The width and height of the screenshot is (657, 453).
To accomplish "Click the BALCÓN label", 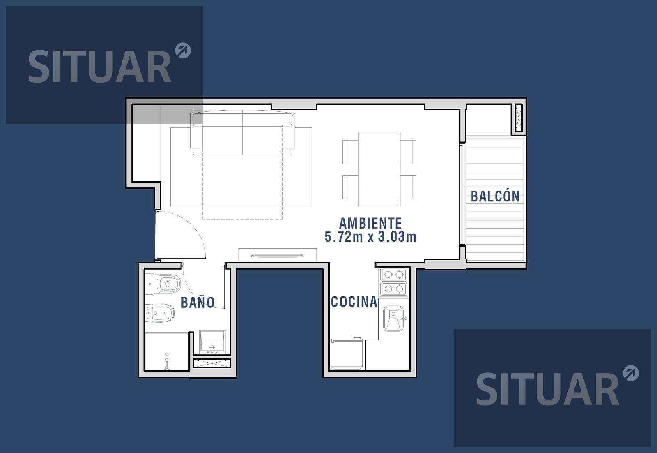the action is click(x=495, y=196).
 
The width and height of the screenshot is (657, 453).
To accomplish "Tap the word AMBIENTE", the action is click(x=370, y=224).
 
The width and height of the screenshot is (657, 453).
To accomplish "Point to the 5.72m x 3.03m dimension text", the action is click(x=370, y=237).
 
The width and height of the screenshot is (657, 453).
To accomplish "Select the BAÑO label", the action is click(x=198, y=302).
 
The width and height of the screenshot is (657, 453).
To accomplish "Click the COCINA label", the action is click(x=354, y=302).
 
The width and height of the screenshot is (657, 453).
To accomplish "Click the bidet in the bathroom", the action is click(x=160, y=313).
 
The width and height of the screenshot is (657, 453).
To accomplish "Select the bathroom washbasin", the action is click(x=212, y=342).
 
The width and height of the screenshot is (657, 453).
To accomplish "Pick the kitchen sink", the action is click(x=394, y=319).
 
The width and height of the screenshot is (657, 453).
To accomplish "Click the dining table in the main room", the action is click(x=379, y=169).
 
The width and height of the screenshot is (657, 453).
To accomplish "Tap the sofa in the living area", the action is click(x=243, y=133).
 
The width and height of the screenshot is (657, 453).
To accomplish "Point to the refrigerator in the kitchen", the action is click(x=347, y=354).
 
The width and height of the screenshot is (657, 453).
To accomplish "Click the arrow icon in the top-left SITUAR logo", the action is click(x=183, y=51).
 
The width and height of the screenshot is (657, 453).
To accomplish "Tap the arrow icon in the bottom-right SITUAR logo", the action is click(x=631, y=373).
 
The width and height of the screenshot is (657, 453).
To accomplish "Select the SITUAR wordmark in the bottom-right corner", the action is click(x=547, y=389).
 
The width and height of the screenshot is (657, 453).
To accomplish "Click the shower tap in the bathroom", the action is click(x=167, y=361).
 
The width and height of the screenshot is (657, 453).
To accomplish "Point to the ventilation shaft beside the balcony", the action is click(x=519, y=118).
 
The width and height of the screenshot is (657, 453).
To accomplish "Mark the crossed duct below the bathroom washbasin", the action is click(x=212, y=363).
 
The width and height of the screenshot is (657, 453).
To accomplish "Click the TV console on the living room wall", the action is click(x=278, y=255).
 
